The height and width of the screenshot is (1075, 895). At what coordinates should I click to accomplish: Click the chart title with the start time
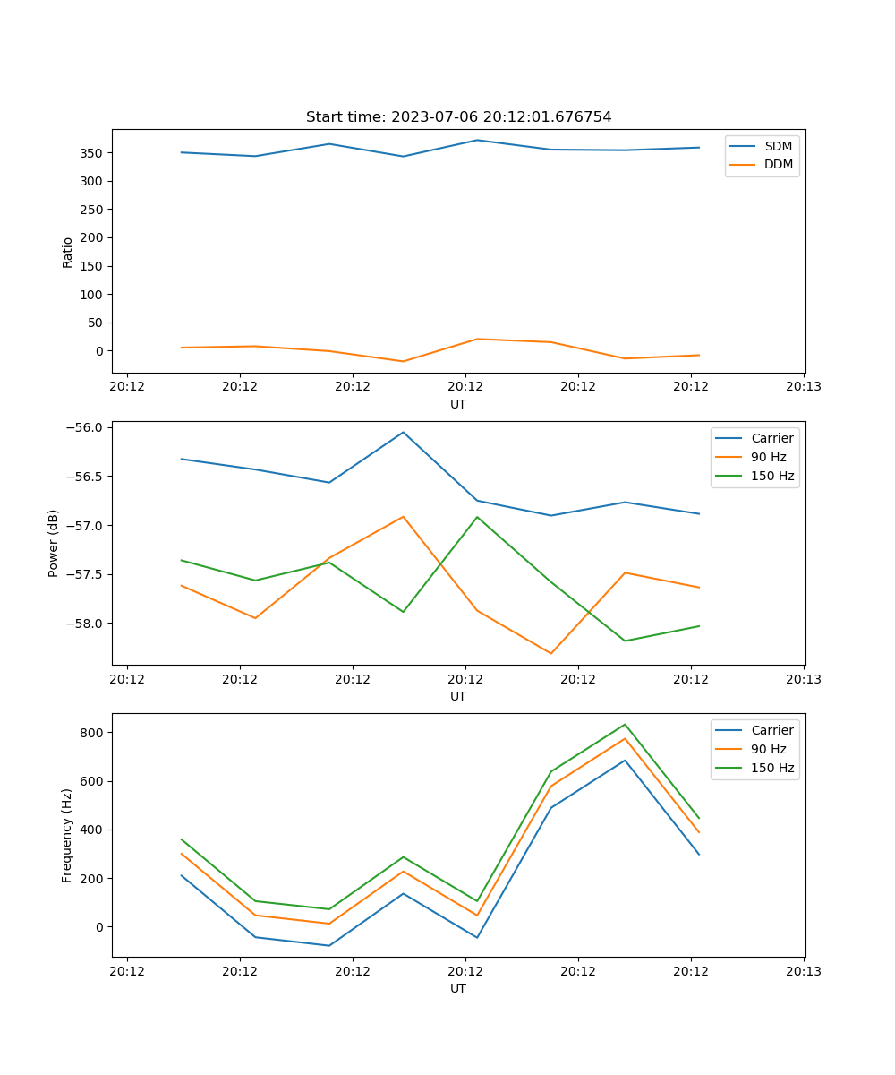[458, 117]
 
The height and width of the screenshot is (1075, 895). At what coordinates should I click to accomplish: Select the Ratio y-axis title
[68, 252]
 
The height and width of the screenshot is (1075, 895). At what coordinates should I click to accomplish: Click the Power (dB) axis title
[54, 543]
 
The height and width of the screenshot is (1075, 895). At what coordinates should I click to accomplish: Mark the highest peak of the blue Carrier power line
[403, 432]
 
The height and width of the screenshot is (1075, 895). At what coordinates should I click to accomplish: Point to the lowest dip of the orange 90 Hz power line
[551, 653]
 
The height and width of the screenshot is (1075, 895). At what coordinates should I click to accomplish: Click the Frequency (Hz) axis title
[68, 835]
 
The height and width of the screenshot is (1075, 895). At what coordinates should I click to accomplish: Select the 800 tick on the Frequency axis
[93, 733]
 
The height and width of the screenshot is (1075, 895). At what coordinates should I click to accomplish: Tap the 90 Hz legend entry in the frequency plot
[769, 749]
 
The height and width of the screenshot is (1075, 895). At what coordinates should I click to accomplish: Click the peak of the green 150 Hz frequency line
[625, 724]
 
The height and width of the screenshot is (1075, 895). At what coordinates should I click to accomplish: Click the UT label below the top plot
[458, 404]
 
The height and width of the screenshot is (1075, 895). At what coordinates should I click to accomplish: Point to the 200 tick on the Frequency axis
[93, 879]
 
